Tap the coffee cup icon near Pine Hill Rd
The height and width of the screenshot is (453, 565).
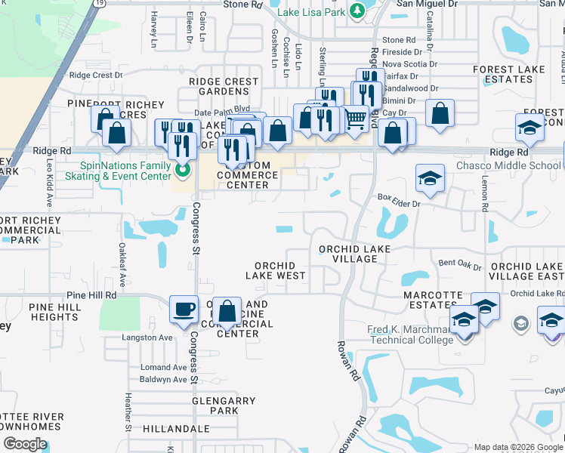pos(184,309)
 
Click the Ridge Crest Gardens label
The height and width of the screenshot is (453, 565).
pos(224,86)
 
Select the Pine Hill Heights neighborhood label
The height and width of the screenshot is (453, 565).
pos(54,313)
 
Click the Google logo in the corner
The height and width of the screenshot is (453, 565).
pos(25,444)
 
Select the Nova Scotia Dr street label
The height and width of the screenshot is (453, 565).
pos(410,64)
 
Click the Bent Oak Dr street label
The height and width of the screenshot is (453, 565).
pos(459,265)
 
